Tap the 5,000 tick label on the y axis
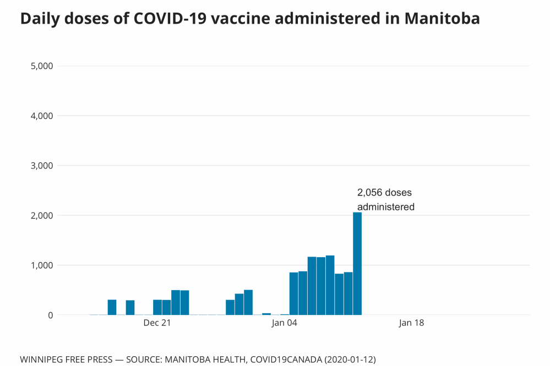click(40, 66)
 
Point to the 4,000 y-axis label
click(40, 116)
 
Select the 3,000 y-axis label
click(40, 166)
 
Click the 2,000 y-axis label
click(40, 215)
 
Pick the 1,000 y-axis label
click(40, 265)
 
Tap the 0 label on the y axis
click(50, 315)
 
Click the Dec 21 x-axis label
click(157, 323)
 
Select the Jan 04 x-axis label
click(284, 323)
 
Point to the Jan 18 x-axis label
click(411, 323)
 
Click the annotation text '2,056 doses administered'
click(385, 200)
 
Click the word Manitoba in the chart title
click(442, 19)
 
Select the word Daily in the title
click(39, 19)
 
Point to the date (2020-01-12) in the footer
click(350, 360)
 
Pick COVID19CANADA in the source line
click(285, 360)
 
